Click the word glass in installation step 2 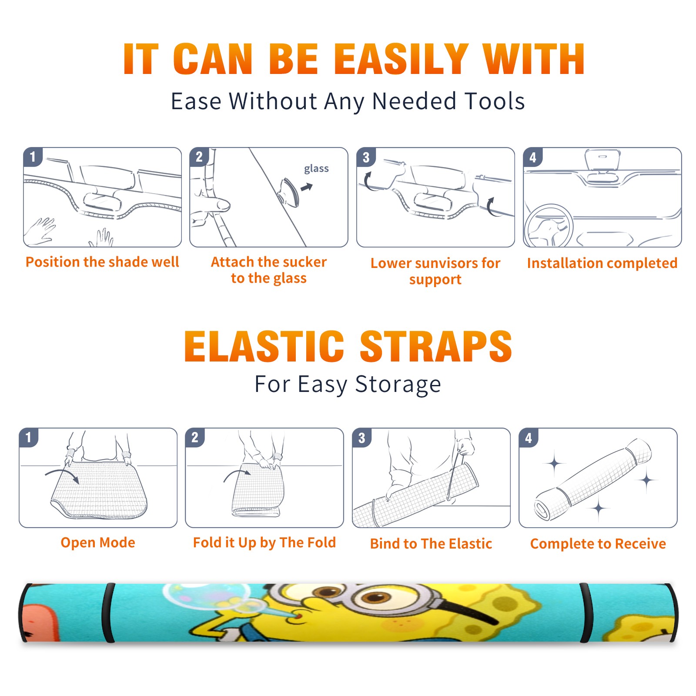point(316,169)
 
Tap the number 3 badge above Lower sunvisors point(366,157)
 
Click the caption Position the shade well point(102,262)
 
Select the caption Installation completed point(602,263)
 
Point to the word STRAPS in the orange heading point(436,346)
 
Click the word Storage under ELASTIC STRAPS point(398,385)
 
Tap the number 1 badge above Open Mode point(29,437)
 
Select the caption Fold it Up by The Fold point(264,542)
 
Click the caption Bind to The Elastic point(431,544)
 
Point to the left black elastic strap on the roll point(109,613)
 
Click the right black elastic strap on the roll point(586,613)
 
